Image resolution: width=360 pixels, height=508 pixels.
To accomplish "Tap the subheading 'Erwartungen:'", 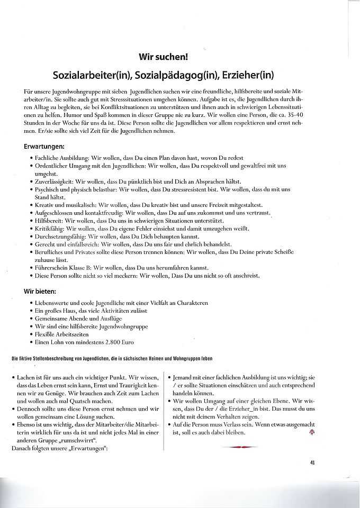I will [44, 146].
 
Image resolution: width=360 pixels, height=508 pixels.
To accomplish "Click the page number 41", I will [313, 462].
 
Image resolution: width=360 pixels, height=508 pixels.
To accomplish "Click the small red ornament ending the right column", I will [311, 432].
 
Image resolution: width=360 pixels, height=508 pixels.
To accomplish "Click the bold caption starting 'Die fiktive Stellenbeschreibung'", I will [111, 359].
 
